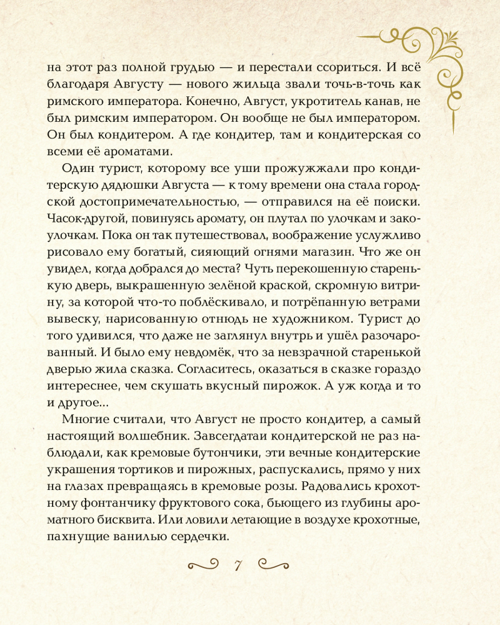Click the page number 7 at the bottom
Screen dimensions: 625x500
pyautogui.click(x=237, y=566)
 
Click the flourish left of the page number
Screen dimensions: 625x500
pyautogui.click(x=201, y=566)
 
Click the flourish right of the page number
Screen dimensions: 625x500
pyautogui.click(x=274, y=566)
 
